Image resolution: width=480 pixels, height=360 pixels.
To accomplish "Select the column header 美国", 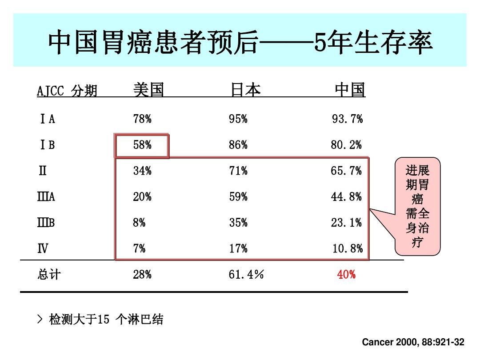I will point(148,90).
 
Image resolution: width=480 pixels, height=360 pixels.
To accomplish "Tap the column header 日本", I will point(245,90).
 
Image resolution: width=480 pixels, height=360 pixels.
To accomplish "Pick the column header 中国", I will point(350,90).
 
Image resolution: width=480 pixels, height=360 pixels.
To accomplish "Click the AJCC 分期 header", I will point(67,91).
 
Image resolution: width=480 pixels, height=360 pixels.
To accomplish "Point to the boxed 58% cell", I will point(142,145).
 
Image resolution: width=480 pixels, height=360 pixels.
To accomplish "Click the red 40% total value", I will point(346,275).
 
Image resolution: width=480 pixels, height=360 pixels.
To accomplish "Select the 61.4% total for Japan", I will point(246,275).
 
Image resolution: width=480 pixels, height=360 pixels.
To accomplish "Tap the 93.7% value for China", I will point(347,119).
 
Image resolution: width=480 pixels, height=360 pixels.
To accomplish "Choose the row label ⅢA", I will point(46,197).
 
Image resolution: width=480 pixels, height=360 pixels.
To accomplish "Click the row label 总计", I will point(48,275).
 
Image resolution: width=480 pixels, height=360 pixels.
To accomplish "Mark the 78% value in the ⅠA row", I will point(142,119).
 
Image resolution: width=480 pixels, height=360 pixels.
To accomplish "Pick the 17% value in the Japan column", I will point(238,249).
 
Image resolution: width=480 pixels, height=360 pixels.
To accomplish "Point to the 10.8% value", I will point(347,249).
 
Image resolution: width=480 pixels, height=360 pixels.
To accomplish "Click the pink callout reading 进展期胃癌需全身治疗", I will point(417,207).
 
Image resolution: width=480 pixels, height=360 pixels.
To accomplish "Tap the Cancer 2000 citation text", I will point(413,342).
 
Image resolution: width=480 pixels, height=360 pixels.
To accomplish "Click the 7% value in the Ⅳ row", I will point(139,249).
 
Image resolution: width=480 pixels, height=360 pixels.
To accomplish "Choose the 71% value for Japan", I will point(238,171).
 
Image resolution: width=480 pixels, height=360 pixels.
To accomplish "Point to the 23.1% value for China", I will point(346,223).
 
